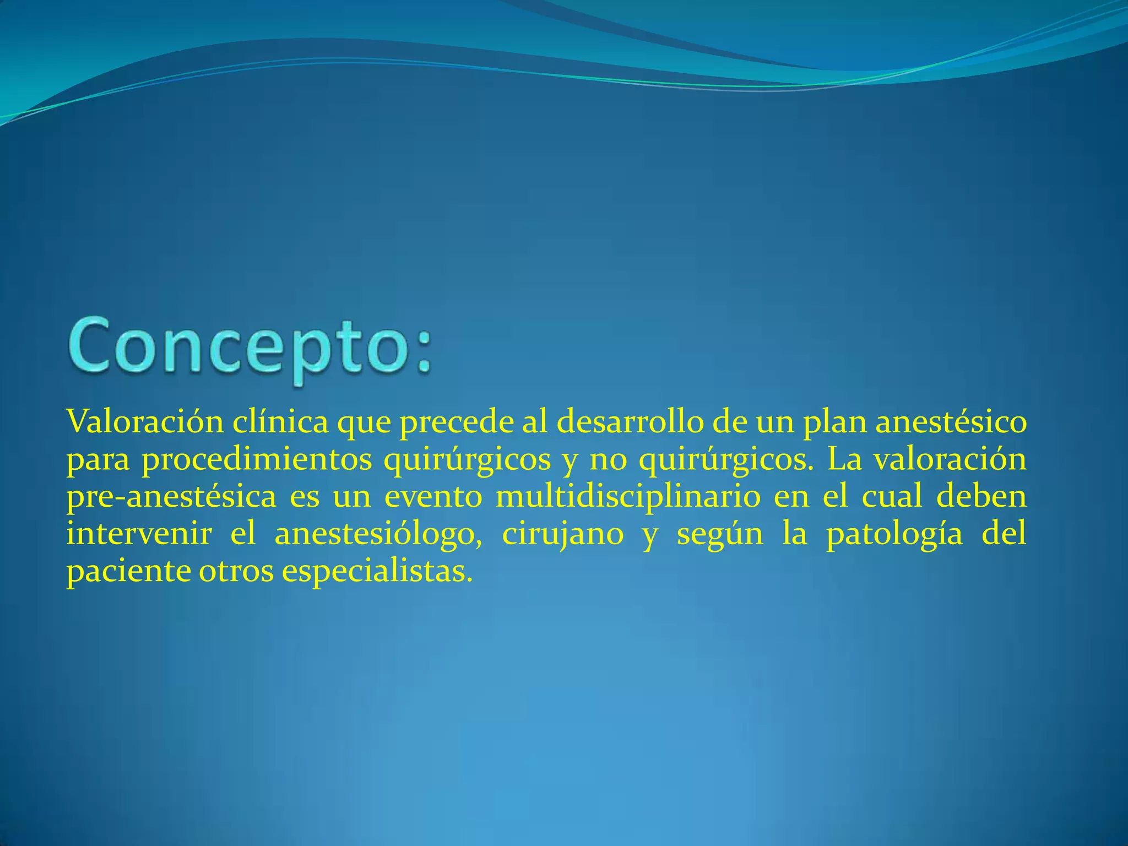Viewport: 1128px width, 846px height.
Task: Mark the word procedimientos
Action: click(257, 460)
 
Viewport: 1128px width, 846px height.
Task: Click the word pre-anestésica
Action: click(171, 497)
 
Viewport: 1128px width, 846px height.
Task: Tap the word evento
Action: click(433, 497)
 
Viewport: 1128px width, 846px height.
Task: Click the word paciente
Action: click(128, 572)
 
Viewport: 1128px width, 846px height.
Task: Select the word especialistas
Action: click(377, 572)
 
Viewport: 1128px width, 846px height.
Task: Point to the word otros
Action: click(236, 572)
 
